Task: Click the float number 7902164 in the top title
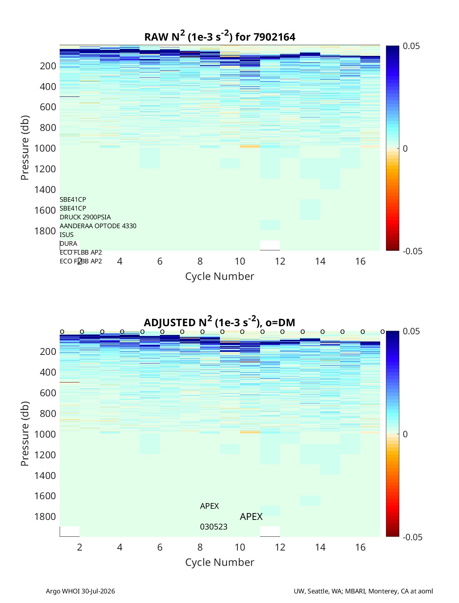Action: [274, 37]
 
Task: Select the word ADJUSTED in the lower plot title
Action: [169, 322]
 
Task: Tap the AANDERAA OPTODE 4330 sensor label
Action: [98, 226]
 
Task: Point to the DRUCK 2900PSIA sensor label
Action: [85, 217]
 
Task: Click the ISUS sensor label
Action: [67, 235]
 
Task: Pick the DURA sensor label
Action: [68, 243]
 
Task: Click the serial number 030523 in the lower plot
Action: [214, 527]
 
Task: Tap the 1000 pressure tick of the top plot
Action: [45, 148]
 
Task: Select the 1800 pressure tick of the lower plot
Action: [45, 516]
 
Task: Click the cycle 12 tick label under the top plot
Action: [280, 261]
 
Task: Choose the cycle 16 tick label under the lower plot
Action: [360, 547]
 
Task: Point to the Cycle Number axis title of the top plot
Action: [220, 276]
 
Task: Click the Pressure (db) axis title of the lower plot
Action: [25, 434]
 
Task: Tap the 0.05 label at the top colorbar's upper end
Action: [411, 46]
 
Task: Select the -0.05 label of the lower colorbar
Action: [413, 537]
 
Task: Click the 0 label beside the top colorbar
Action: [405, 149]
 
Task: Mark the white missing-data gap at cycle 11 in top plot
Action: [270, 245]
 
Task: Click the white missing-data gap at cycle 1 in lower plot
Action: [70, 531]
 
